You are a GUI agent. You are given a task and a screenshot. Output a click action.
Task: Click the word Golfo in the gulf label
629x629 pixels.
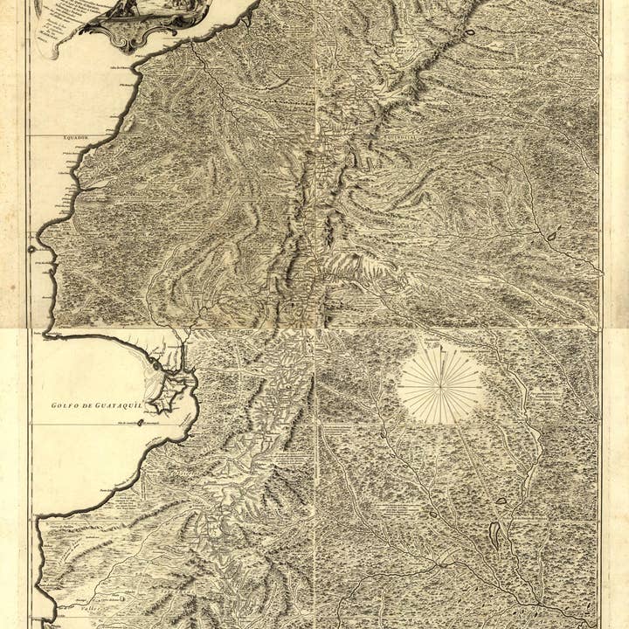pyautogui.click(x=66, y=404)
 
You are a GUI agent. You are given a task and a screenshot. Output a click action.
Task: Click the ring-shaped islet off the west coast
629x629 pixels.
pyautogui.click(x=32, y=249)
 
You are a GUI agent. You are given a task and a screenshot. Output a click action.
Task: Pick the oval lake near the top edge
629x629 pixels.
pyautogui.click(x=470, y=34)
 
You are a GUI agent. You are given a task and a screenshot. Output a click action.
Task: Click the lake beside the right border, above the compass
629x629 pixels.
pyautogui.click(x=551, y=234)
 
